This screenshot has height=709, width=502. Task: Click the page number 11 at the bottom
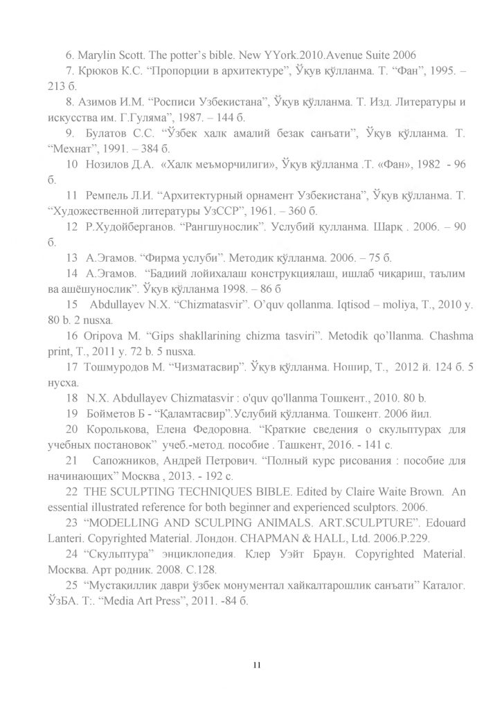pos(256,665)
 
